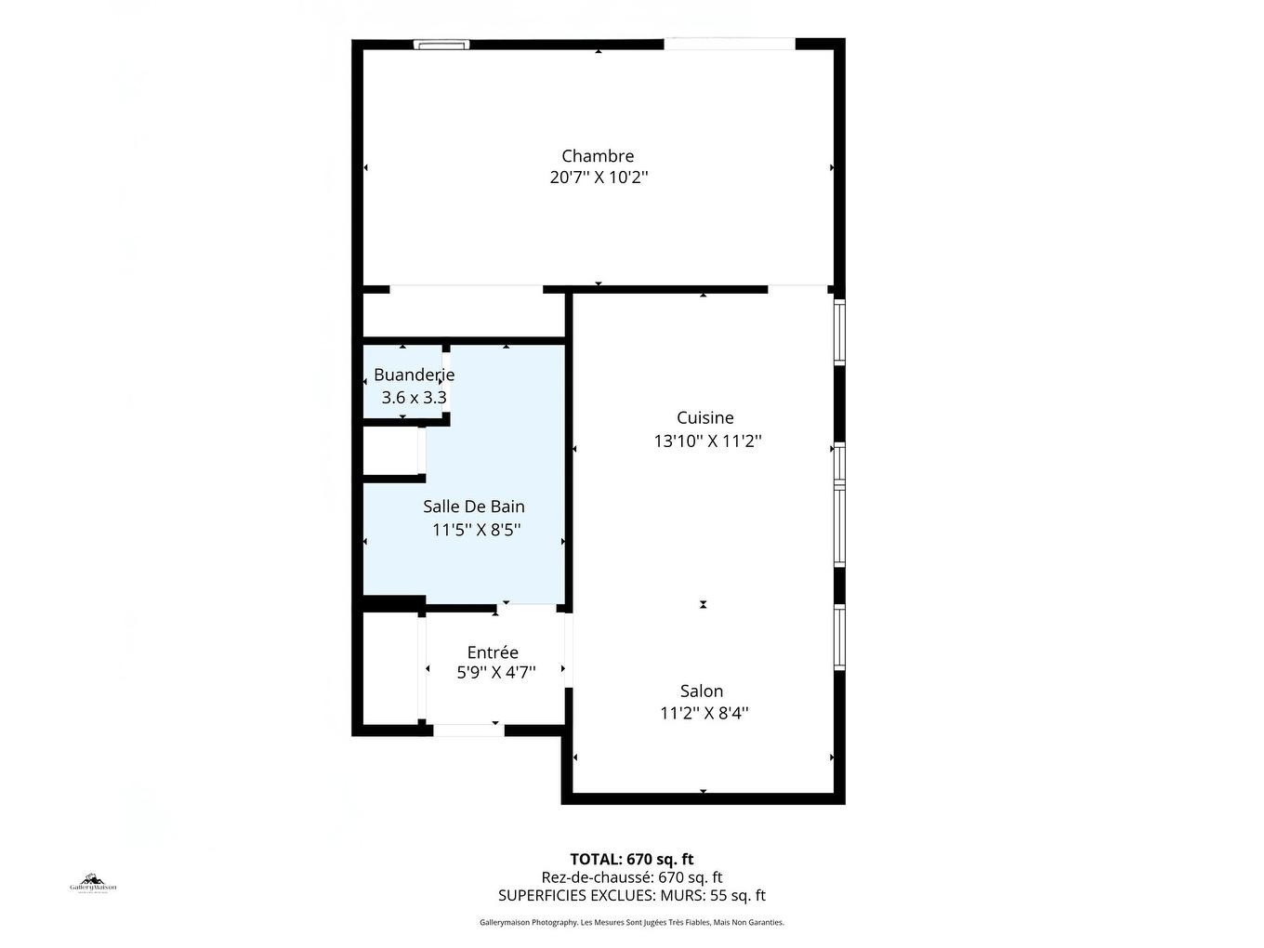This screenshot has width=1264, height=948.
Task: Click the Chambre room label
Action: click(598, 156)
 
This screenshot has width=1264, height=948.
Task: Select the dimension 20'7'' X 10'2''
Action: click(599, 178)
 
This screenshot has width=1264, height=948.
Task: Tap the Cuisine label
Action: click(704, 418)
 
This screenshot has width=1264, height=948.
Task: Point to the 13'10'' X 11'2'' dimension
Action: click(707, 441)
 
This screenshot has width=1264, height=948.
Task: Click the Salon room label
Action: click(702, 691)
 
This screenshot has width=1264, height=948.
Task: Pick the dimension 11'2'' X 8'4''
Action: click(704, 714)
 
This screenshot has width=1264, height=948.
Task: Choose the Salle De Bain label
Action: click(474, 507)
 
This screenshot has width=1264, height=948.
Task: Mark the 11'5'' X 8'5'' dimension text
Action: click(476, 531)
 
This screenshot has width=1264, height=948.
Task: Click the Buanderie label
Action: click(414, 375)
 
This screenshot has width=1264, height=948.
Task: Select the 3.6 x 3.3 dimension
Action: click(414, 398)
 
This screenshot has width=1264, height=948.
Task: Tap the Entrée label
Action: click(493, 652)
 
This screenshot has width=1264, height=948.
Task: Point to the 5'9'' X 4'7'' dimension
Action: click(495, 673)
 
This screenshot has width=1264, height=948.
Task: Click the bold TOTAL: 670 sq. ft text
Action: click(632, 859)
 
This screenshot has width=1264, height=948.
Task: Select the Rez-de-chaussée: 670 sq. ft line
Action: click(632, 877)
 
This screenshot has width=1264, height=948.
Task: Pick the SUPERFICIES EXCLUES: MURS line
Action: click(632, 896)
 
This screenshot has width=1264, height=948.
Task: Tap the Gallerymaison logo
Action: click(93, 883)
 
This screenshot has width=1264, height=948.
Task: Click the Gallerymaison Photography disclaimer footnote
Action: click(632, 923)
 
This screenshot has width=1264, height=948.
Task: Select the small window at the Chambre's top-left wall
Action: click(441, 44)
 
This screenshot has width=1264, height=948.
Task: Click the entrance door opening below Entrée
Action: click(468, 731)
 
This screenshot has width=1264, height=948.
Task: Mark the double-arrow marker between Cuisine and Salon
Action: click(704, 605)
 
